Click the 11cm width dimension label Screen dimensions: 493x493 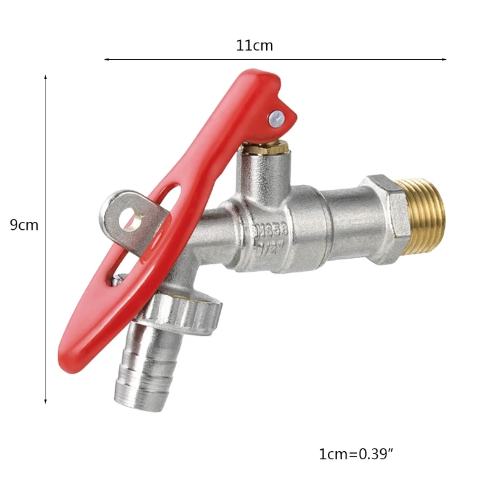coord(254,46)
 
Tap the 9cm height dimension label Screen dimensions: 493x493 coord(24,225)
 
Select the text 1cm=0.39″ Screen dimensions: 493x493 coord(356,455)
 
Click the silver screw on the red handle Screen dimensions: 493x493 coord(277,115)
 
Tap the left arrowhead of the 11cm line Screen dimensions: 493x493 coord(106,60)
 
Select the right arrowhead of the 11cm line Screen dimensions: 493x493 coord(445,60)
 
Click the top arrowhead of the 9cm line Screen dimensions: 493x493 coord(46,76)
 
